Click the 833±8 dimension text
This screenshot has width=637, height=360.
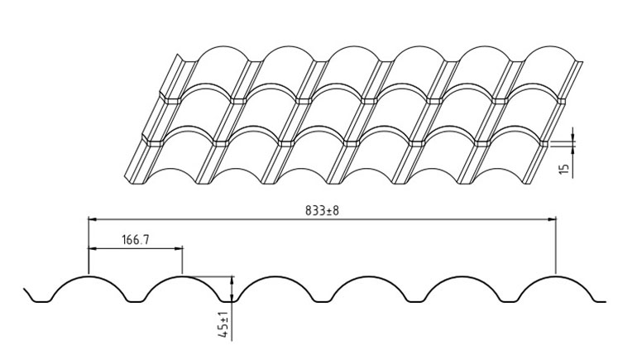(322, 210)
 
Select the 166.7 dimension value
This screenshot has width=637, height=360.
(136, 240)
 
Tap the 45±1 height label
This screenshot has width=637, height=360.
(223, 324)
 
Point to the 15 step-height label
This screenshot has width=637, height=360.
(565, 168)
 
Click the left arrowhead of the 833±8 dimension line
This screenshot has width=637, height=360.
(93, 219)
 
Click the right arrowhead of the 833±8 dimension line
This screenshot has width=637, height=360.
(552, 219)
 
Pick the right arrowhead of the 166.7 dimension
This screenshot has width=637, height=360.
(178, 248)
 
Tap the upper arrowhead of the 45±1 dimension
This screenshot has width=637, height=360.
(232, 281)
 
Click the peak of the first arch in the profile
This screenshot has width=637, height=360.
(89, 276)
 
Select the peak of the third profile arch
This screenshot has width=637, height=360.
(275, 276)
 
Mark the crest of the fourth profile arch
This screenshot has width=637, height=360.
(369, 276)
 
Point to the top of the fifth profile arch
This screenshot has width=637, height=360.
(462, 276)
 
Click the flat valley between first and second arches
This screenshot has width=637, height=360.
(136, 301)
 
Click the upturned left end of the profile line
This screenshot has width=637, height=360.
(24, 289)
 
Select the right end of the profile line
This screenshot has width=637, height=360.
(606, 302)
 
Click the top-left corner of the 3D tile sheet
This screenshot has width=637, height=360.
(178, 55)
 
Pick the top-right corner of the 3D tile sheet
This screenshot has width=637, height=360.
(582, 62)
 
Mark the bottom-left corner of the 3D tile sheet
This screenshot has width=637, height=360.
(124, 177)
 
